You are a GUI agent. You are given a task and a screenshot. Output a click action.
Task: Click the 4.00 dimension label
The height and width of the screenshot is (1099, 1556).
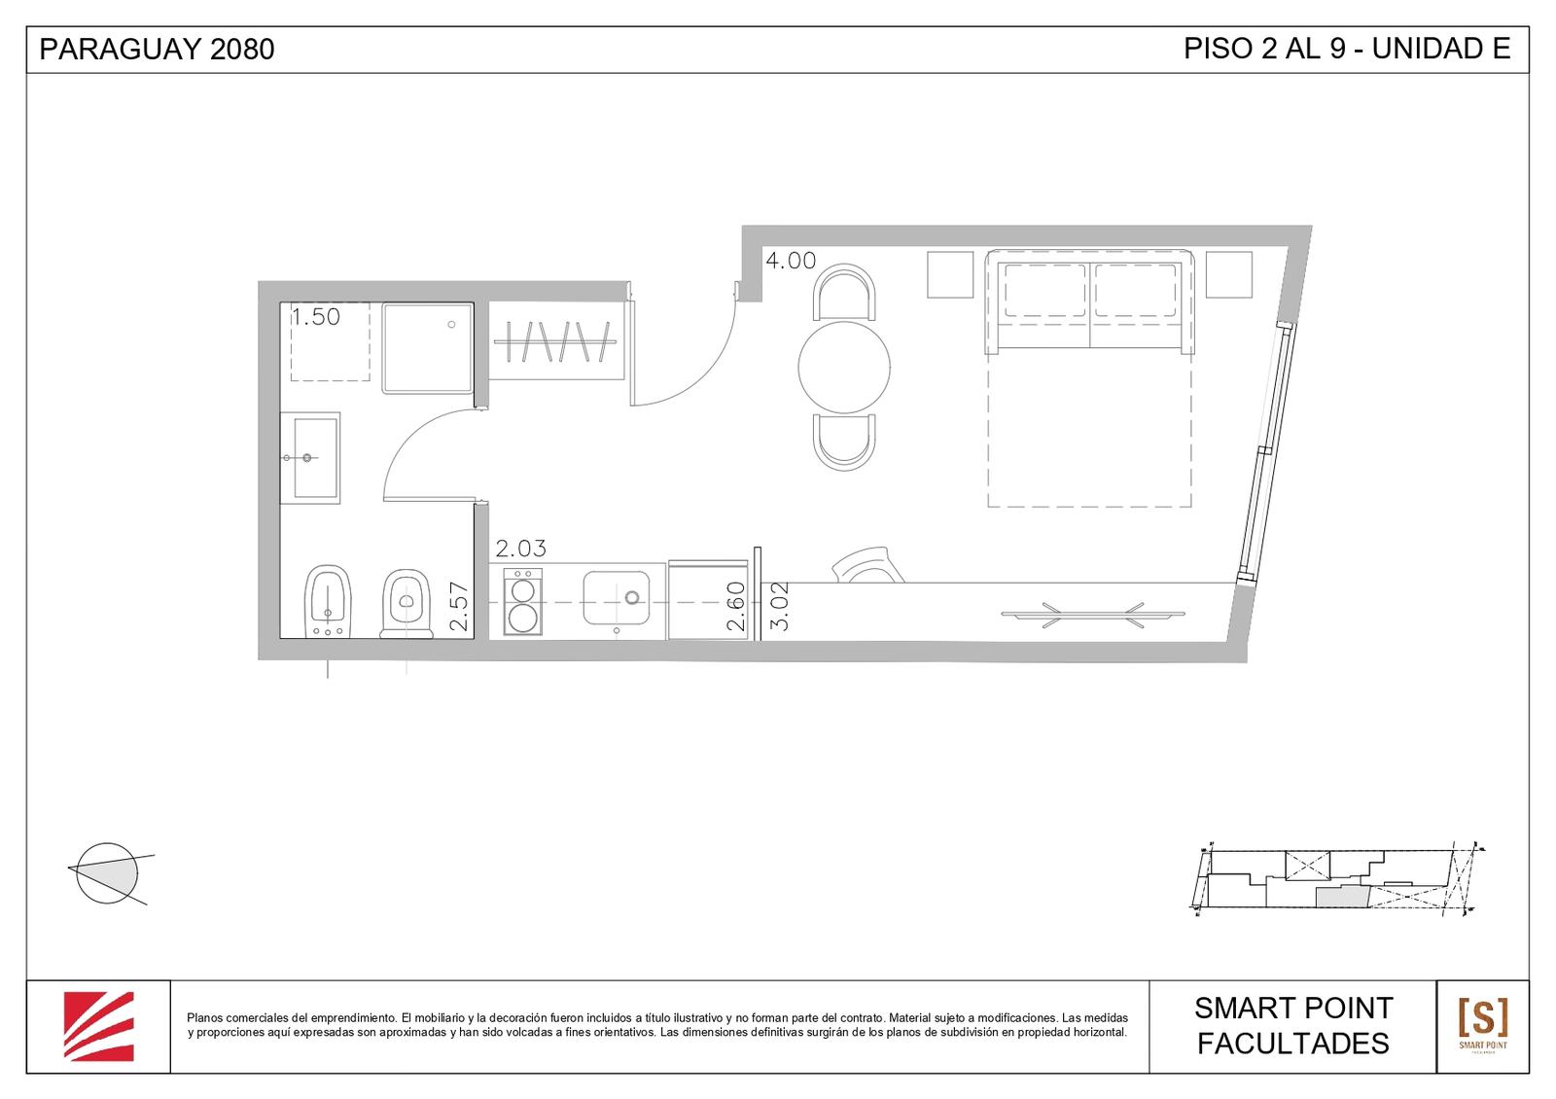coord(791,261)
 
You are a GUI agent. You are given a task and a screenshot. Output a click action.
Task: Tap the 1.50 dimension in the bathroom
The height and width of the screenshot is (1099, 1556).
coord(315,317)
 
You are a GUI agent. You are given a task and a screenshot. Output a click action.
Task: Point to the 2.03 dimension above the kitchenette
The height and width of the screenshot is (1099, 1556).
coord(521,549)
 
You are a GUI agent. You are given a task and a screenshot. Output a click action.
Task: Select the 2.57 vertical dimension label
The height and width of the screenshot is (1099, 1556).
coord(459,606)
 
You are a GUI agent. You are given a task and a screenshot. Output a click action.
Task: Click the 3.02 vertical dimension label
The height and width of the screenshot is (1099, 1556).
coord(780,606)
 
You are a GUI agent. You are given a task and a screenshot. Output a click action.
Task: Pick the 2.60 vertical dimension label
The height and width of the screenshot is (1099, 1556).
coord(735,606)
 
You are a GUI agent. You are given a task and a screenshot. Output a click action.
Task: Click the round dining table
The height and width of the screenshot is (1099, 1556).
coord(844,367)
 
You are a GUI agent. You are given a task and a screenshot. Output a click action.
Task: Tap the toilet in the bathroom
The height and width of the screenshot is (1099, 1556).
coord(407,603)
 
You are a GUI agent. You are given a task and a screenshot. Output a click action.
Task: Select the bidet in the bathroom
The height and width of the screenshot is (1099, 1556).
coord(328,601)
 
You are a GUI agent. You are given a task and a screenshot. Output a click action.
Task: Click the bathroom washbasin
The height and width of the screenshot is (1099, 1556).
coord(310,458)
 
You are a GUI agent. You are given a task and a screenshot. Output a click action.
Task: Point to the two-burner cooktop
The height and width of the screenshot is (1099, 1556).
coord(522,602)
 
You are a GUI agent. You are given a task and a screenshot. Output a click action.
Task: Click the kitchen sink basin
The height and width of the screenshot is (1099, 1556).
coord(617,597)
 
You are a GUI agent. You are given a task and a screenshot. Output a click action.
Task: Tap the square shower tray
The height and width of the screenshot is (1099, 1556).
coord(427,348)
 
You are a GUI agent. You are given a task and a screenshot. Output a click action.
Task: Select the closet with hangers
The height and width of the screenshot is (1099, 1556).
coord(556,341)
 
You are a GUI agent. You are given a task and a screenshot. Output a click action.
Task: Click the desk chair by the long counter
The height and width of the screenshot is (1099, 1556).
coord(867,565)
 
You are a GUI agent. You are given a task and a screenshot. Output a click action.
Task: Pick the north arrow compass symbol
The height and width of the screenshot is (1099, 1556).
coord(108,873)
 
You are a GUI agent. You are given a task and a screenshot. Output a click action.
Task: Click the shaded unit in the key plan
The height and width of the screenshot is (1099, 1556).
coord(1342,896)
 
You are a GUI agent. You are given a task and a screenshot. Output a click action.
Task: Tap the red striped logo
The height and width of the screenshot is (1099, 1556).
coord(98,1026)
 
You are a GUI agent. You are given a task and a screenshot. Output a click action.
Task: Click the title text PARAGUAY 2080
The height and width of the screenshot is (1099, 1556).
coord(157,50)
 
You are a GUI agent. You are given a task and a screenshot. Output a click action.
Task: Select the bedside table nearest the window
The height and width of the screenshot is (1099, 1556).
coord(1229,274)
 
